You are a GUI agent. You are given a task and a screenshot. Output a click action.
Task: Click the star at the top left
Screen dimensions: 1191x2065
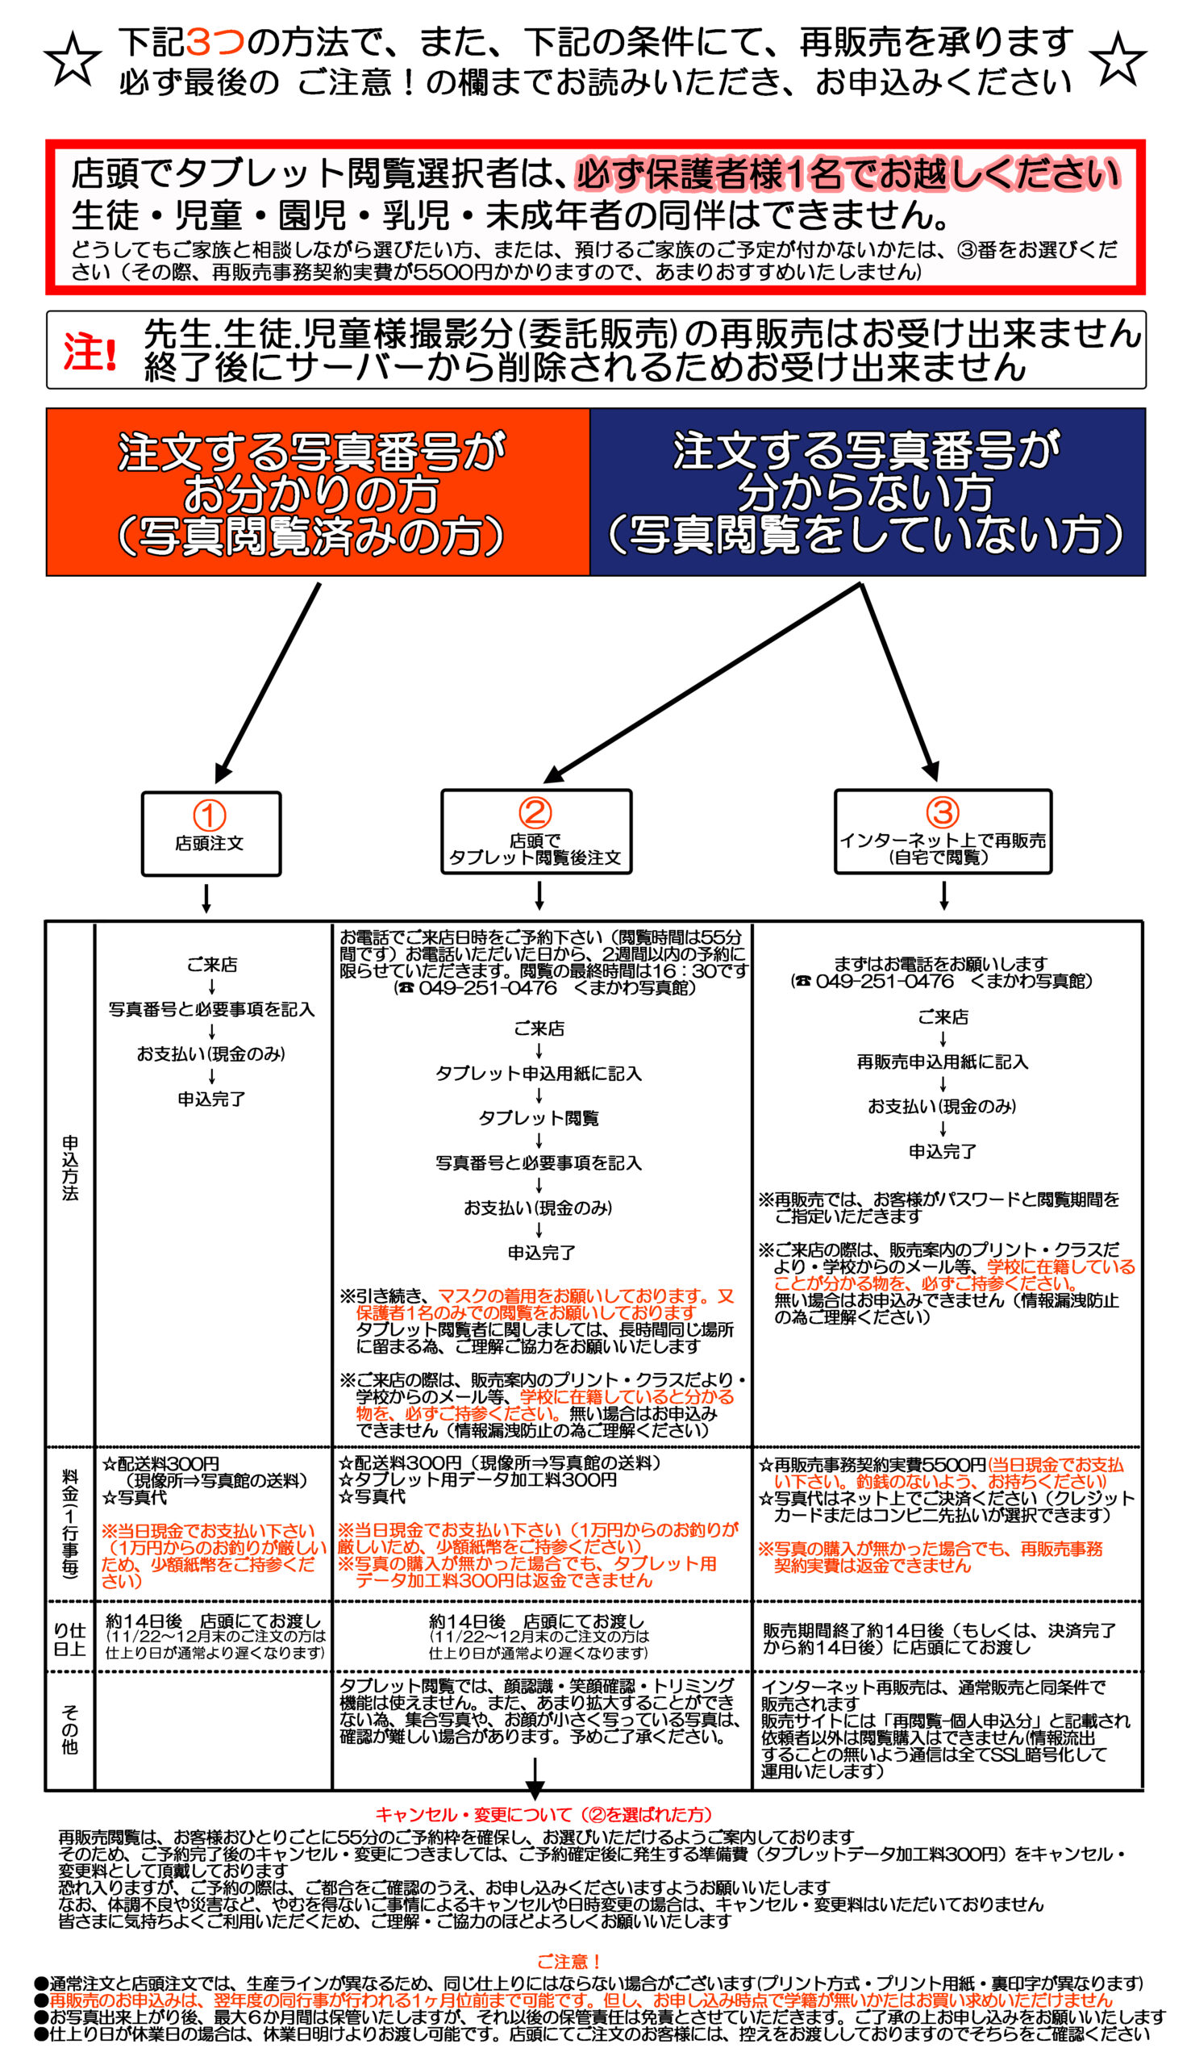pyautogui.click(x=73, y=60)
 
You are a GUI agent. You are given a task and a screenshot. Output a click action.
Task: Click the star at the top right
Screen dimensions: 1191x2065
pyautogui.click(x=1118, y=59)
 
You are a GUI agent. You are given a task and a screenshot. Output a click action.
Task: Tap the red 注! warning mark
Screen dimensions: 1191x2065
pyautogui.click(x=90, y=352)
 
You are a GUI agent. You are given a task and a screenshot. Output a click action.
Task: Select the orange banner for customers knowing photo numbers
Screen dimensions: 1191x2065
pyautogui.click(x=319, y=493)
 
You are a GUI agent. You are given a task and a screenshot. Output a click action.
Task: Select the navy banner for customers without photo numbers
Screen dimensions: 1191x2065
pyautogui.click(x=868, y=493)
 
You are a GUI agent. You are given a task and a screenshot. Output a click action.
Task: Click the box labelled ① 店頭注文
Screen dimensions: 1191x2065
pyautogui.click(x=211, y=834)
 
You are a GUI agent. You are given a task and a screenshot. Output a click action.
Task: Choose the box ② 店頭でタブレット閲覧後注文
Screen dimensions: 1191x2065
pyautogui.click(x=536, y=832)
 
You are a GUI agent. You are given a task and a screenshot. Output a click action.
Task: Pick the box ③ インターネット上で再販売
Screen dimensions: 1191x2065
pyautogui.click(x=943, y=832)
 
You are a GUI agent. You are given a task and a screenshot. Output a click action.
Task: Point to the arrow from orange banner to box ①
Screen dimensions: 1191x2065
pyautogui.click(x=268, y=682)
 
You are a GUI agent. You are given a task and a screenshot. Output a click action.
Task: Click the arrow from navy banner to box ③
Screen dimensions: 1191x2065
pyautogui.click(x=899, y=682)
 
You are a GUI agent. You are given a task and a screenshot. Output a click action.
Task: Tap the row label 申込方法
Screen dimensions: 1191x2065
pyautogui.click(x=70, y=1167)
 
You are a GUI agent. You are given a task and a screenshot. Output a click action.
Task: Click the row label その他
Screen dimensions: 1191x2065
pyautogui.click(x=70, y=1730)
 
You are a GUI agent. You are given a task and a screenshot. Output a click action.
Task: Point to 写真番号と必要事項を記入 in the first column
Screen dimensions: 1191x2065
pyautogui.click(x=212, y=1010)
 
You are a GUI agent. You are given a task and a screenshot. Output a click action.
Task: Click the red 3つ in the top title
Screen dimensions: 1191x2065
pyautogui.click(x=216, y=42)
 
